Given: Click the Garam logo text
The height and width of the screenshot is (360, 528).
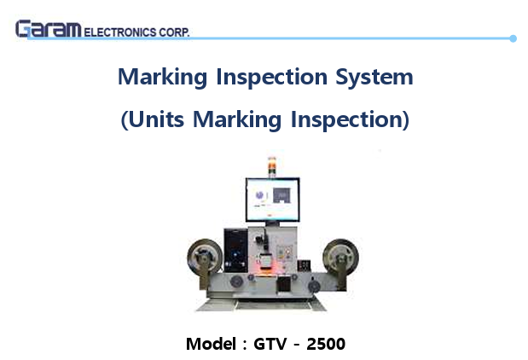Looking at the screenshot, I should (48, 29).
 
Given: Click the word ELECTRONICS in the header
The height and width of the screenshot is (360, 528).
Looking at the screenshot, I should (120, 32).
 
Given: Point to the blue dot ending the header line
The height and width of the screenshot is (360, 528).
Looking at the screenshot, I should (513, 38).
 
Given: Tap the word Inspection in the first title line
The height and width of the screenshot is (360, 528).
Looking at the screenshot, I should (268, 78).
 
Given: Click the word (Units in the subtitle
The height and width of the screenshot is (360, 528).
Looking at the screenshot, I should (154, 120).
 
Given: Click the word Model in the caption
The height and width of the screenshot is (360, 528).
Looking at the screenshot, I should (210, 345).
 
